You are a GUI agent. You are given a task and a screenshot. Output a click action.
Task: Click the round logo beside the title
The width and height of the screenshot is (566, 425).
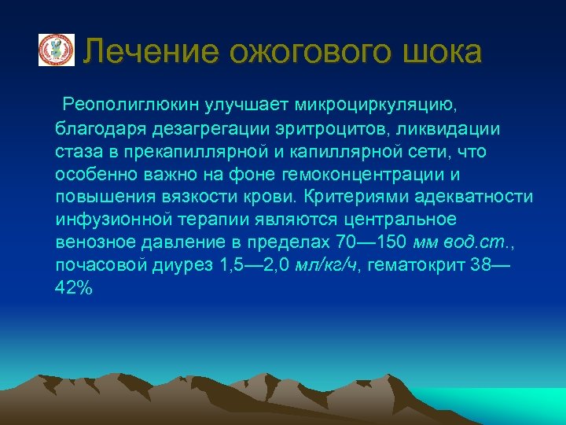pos(57,50)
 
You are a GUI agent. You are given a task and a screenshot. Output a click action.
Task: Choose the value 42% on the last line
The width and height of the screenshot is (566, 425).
pos(74,288)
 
